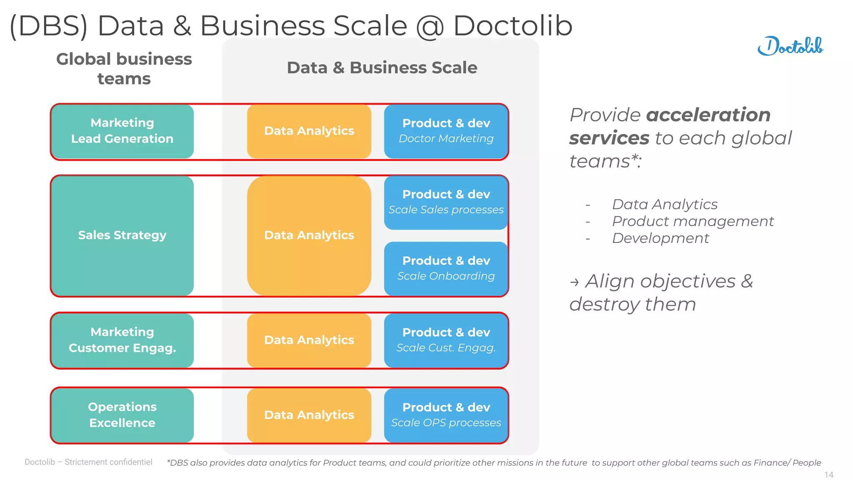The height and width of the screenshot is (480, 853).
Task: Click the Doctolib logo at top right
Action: [x=790, y=46]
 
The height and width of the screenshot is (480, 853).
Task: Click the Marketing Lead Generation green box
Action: [x=122, y=131]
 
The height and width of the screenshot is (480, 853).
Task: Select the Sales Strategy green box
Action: [x=122, y=235]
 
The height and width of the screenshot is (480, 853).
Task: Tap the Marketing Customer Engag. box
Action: [x=122, y=340]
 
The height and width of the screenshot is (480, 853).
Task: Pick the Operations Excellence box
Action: [x=122, y=415]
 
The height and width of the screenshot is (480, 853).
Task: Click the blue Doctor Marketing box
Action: [x=446, y=131]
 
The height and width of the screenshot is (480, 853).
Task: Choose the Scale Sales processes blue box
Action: [x=446, y=202]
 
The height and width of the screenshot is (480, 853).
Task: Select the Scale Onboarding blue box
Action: [x=446, y=268]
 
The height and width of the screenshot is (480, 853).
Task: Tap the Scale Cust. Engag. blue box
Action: [x=446, y=340]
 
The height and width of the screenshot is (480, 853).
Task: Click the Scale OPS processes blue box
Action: [x=446, y=415]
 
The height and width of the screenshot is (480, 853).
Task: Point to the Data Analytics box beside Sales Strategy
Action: [x=309, y=235]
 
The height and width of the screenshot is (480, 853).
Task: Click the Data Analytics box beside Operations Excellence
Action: [x=309, y=415]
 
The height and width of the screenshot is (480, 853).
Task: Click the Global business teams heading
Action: [x=124, y=69]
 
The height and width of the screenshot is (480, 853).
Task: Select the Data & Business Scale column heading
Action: [x=382, y=68]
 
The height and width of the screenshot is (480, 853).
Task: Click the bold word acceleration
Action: [x=708, y=115]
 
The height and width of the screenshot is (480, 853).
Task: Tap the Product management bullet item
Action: [x=693, y=221]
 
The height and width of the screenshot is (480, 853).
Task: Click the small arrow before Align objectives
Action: [x=574, y=283]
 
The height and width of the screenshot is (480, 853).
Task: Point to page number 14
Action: [x=828, y=475]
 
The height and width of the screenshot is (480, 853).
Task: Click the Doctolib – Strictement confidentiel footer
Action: [x=88, y=462]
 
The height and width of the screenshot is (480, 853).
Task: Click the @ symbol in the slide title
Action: [x=430, y=26]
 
